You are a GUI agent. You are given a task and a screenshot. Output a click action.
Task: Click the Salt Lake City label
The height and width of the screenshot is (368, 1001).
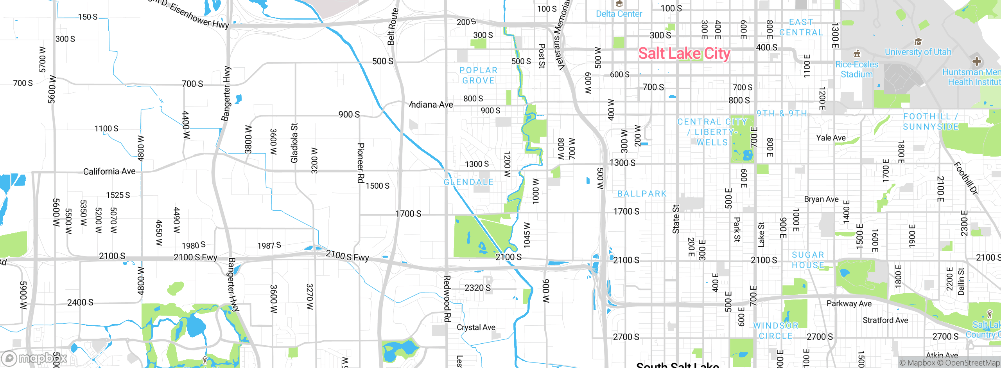684,53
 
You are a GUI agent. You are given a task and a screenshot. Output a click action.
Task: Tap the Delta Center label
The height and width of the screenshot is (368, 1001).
619,14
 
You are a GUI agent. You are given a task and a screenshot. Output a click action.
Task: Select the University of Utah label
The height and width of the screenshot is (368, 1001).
918,52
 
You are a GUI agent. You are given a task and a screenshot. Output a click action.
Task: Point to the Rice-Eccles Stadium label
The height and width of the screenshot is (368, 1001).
856,69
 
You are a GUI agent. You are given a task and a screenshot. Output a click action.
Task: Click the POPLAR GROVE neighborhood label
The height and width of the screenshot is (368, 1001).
478,75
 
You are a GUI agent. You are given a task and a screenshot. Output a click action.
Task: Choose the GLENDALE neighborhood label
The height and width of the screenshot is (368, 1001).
468,182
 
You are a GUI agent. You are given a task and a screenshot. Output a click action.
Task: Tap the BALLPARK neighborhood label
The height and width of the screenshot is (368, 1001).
642,194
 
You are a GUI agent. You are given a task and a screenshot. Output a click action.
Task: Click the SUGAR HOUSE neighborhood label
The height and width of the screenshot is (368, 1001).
808,260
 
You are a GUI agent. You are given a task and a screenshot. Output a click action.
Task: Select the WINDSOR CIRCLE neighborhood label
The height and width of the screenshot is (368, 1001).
776,331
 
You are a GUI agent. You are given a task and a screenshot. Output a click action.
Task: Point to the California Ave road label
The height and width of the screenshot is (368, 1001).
109,171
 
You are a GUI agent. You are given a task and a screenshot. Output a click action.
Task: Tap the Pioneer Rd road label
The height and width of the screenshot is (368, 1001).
361,162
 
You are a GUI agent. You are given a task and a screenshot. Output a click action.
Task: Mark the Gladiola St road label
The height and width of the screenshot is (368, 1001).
294,143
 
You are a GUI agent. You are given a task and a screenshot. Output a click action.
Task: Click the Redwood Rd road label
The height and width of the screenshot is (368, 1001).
447,299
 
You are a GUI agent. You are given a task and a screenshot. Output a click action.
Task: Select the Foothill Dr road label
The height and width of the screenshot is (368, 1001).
965,178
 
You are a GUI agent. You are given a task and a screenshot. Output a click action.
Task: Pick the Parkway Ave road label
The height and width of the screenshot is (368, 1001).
849,303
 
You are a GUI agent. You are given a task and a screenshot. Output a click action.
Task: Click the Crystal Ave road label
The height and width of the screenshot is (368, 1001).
476,327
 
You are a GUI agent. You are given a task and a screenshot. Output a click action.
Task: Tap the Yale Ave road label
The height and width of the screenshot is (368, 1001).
831,138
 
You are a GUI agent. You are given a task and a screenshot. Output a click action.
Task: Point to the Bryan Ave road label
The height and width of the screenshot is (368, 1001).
821,199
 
